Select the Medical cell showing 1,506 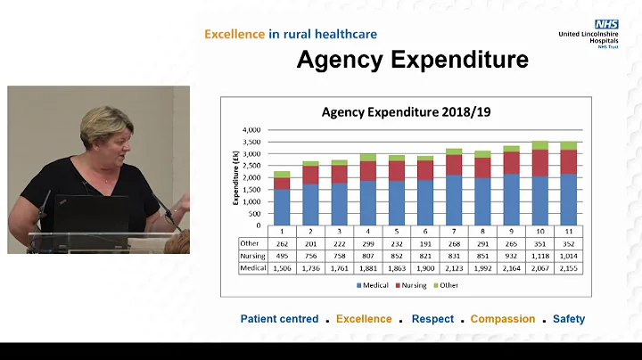(283, 267)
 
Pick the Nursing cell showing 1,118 (540, 255)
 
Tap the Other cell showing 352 (568, 242)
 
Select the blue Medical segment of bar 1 (282, 207)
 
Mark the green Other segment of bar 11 (568, 145)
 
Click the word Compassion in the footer (502, 319)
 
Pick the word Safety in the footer (569, 319)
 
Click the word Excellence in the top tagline (235, 34)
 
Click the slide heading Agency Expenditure (413, 60)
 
